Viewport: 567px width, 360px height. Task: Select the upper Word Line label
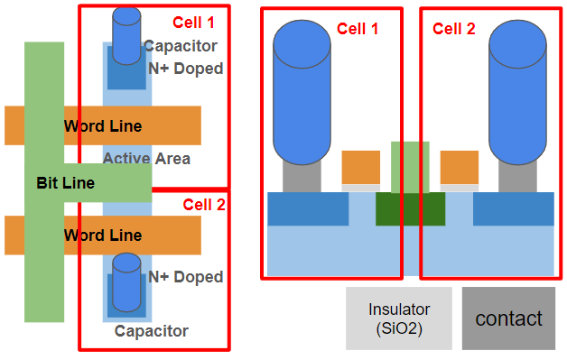pyautogui.click(x=102, y=126)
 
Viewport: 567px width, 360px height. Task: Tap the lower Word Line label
pyautogui.click(x=102, y=235)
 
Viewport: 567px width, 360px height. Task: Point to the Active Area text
pyautogui.click(x=146, y=159)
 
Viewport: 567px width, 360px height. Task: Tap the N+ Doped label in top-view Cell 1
pyautogui.click(x=185, y=69)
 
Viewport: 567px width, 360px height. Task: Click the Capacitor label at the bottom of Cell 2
pyautogui.click(x=152, y=331)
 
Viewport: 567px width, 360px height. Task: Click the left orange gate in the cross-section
pyautogui.click(x=361, y=167)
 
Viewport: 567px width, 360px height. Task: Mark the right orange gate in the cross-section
pyautogui.click(x=459, y=167)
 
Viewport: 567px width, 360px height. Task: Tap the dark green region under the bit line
pyautogui.click(x=410, y=209)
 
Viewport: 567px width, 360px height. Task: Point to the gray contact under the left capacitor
pyautogui.click(x=302, y=176)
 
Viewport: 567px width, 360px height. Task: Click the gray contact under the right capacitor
pyautogui.click(x=519, y=176)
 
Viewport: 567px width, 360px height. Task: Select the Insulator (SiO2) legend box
pyautogui.click(x=398, y=318)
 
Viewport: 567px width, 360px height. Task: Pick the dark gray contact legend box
pyautogui.click(x=508, y=318)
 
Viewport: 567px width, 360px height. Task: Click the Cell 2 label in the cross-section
pyautogui.click(x=453, y=28)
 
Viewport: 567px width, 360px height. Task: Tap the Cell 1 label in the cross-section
pyautogui.click(x=358, y=28)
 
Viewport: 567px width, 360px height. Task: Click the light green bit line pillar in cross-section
pyautogui.click(x=410, y=167)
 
